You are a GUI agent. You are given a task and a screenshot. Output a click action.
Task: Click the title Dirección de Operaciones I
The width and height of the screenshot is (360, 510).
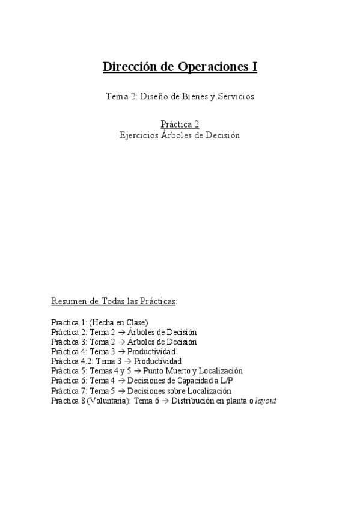tap(180, 67)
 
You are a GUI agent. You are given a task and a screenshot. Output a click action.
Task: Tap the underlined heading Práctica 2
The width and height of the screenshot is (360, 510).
tap(180, 124)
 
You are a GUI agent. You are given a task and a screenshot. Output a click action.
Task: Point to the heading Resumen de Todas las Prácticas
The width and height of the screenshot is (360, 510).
tap(114, 301)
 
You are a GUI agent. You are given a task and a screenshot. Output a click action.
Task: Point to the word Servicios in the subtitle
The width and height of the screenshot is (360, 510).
tap(236, 97)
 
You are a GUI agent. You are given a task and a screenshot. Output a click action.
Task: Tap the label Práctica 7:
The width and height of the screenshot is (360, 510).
tap(67, 390)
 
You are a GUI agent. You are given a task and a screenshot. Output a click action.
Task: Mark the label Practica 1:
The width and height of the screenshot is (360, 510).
tap(67, 322)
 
